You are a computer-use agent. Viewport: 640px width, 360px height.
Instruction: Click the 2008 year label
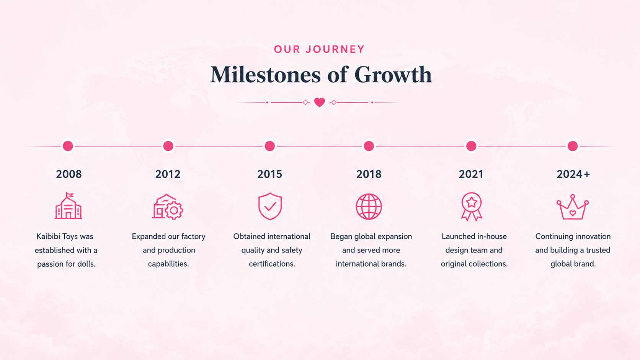pyautogui.click(x=69, y=174)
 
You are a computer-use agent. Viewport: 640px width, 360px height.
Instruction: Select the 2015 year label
pyautogui.click(x=269, y=174)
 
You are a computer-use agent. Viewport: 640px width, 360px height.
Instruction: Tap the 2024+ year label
pyautogui.click(x=573, y=174)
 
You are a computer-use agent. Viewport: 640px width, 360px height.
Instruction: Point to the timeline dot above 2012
pyautogui.click(x=168, y=146)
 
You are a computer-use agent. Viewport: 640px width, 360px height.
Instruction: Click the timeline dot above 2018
pyautogui.click(x=369, y=146)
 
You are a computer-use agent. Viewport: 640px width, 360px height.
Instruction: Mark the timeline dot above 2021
pyautogui.click(x=471, y=146)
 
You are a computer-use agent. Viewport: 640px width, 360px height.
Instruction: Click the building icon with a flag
pyautogui.click(x=68, y=206)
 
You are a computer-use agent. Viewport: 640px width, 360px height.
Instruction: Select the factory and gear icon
pyautogui.click(x=168, y=207)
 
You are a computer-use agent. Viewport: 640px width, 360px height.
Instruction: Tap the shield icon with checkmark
pyautogui.click(x=270, y=206)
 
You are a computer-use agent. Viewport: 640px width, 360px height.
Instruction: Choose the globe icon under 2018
pyautogui.click(x=369, y=207)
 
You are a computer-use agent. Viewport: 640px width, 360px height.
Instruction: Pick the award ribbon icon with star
pyautogui.click(x=472, y=207)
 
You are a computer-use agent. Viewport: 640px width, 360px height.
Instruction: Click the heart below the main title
pyautogui.click(x=320, y=102)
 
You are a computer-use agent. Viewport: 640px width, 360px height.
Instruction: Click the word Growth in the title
pyautogui.click(x=393, y=75)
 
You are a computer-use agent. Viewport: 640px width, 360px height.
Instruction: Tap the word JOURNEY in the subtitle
pyautogui.click(x=335, y=49)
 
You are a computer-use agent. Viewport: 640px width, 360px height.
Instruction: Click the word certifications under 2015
pyautogui.click(x=272, y=264)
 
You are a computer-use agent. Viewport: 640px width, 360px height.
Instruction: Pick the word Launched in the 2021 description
pyautogui.click(x=456, y=236)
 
